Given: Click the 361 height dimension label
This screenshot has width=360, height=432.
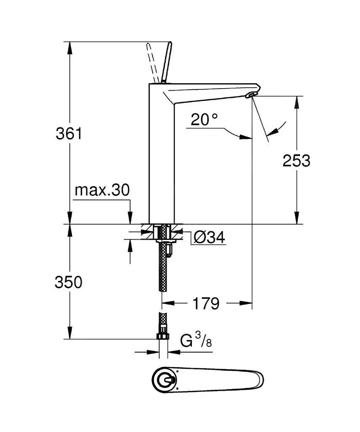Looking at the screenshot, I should [x=68, y=134].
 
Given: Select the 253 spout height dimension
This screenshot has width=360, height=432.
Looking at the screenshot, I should [x=296, y=160].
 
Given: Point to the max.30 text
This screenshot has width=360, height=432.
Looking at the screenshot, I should [x=102, y=190].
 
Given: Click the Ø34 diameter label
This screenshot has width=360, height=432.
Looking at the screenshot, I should [x=210, y=238].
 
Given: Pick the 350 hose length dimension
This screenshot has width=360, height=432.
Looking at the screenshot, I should [x=68, y=283].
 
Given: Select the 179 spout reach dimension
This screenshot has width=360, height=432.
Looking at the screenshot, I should [x=206, y=303].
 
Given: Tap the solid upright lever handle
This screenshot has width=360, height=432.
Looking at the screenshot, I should [x=167, y=62].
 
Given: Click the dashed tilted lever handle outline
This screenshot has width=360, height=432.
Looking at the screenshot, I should [x=154, y=62].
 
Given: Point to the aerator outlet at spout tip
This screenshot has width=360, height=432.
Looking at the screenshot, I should [x=250, y=95].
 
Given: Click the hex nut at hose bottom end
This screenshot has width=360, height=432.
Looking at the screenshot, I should [x=162, y=337].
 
